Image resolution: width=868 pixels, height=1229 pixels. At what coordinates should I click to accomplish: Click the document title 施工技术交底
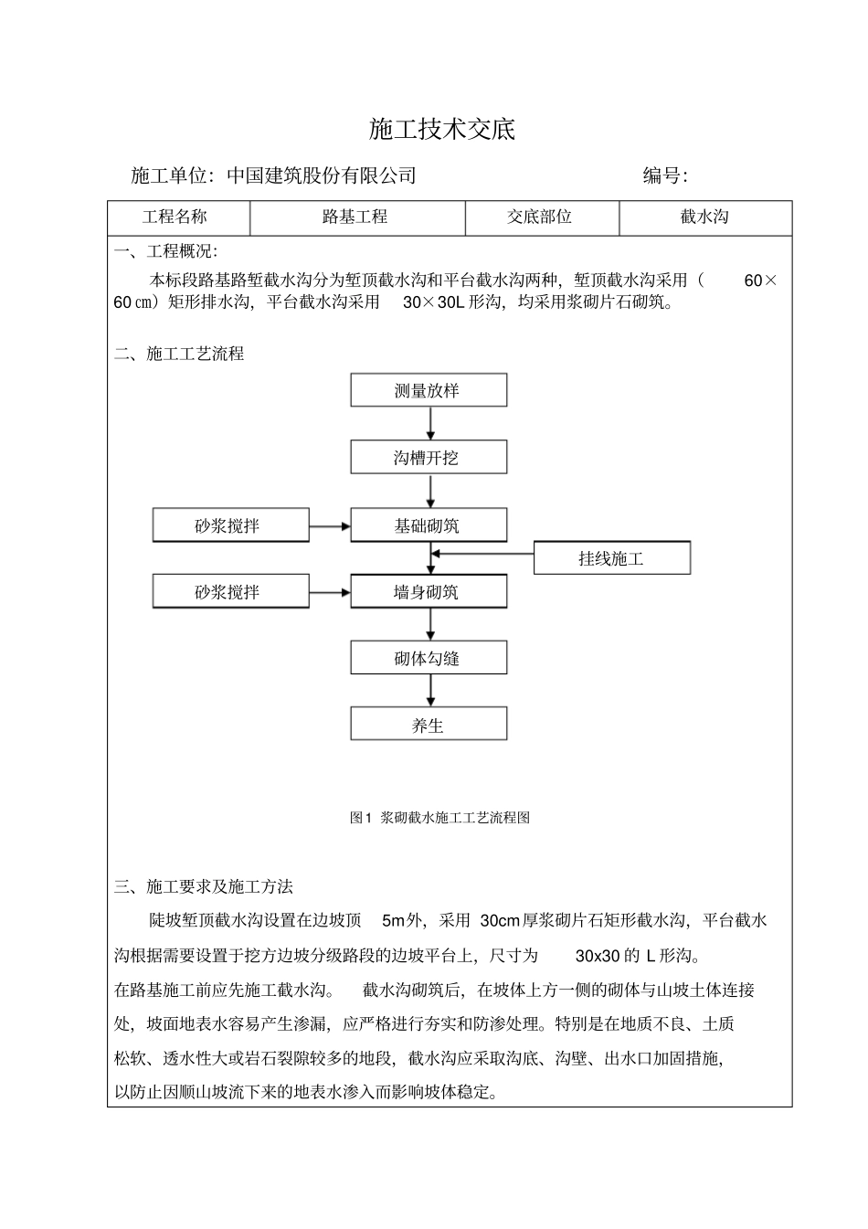[x=442, y=130]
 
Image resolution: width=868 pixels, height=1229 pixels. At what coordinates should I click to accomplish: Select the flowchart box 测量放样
[x=429, y=390]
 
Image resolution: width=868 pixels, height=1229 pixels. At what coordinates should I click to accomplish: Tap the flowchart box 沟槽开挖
[x=429, y=457]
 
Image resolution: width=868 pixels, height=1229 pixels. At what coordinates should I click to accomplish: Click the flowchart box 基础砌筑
[x=429, y=525]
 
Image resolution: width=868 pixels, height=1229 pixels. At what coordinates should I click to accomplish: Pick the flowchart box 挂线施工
[x=611, y=558]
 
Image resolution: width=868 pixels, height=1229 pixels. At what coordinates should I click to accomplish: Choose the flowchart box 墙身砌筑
[x=429, y=591]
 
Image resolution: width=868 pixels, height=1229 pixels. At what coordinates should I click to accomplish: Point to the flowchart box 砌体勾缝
[x=429, y=658]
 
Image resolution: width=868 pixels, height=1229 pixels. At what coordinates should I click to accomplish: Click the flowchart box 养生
[x=429, y=725]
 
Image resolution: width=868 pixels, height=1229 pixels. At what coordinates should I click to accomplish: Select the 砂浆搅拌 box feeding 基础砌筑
[x=230, y=525]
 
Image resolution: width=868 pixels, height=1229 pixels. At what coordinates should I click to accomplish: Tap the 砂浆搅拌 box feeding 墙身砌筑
[x=230, y=591]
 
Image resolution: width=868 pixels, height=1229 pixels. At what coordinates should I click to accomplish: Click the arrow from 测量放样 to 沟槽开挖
[x=430, y=423]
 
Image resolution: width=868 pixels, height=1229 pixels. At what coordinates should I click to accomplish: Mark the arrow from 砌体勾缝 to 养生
[x=430, y=691]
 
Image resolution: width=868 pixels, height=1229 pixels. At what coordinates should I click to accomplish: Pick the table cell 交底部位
[x=542, y=217]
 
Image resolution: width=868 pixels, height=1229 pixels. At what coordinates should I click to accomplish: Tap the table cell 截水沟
[x=704, y=217]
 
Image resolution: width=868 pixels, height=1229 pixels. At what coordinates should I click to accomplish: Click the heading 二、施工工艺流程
[x=179, y=354]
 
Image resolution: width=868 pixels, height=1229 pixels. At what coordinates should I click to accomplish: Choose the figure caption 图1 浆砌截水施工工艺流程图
[x=439, y=818]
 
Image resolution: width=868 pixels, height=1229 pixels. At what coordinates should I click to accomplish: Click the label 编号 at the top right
[x=664, y=175]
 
